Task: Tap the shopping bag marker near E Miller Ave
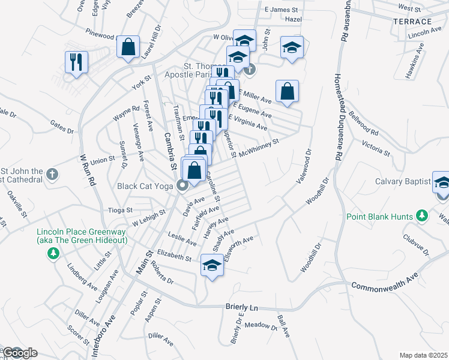point(288,91)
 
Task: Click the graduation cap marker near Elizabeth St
point(212,264)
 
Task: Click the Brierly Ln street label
point(241,307)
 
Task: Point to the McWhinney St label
point(259,148)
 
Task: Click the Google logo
point(19,353)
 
